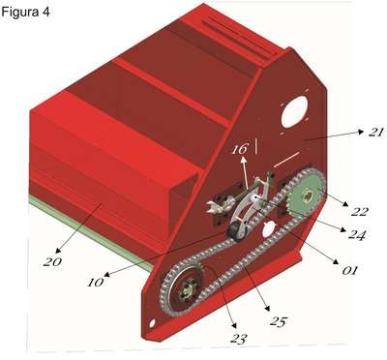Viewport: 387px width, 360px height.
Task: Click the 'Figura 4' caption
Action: coord(25,12)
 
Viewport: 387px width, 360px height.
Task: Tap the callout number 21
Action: coord(375,133)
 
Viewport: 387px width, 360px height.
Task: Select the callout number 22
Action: coord(360,211)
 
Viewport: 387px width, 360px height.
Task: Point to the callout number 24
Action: coord(356,234)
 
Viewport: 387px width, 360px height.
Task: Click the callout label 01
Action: coord(349,270)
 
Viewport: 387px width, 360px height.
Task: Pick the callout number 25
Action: coord(278,321)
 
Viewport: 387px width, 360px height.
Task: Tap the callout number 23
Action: coord(239,339)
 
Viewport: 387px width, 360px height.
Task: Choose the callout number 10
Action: coord(96,283)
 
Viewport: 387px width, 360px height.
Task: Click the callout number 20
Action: coord(52,261)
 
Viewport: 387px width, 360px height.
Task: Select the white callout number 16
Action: coord(240,149)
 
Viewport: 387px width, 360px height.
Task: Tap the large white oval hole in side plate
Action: coord(294,112)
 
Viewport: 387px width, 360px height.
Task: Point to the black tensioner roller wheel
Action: coord(237,231)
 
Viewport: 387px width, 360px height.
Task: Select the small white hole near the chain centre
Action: coord(269,230)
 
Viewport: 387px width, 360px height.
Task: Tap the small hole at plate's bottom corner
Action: coord(152,322)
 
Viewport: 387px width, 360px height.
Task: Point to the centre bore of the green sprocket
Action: coord(309,195)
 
